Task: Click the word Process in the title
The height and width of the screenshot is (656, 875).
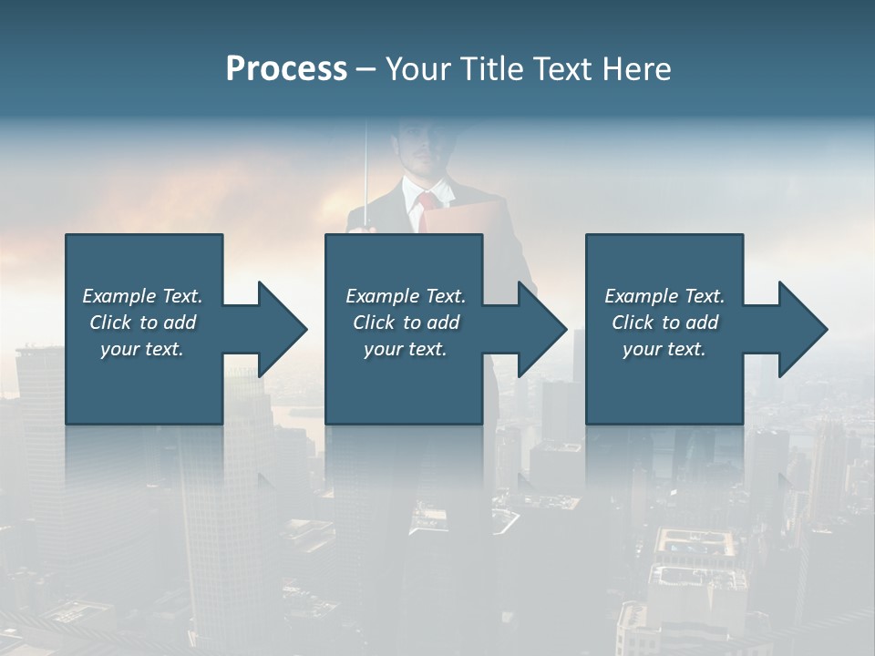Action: pos(286,68)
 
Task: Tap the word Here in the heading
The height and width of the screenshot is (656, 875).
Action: pos(636,68)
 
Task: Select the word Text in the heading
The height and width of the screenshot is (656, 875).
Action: pos(561,68)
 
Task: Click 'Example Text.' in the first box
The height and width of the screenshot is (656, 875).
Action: pos(142,296)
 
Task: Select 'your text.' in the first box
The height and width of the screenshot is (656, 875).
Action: pos(142,349)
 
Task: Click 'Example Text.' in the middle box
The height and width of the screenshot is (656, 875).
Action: pos(406,296)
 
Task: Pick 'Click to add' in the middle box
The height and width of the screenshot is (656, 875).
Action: pos(406,323)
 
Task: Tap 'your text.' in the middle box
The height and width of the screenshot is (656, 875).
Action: pos(406,349)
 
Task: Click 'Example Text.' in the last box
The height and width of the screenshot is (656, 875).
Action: pos(664,296)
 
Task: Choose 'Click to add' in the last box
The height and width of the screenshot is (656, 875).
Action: pos(664,323)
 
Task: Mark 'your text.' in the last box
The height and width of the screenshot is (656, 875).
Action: pos(664,349)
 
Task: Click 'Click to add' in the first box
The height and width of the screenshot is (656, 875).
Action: pos(142,323)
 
